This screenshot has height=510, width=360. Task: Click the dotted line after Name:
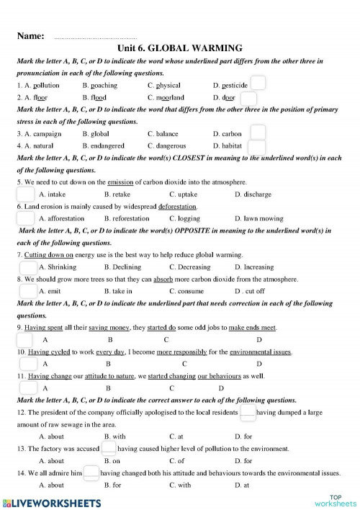[x=95, y=36]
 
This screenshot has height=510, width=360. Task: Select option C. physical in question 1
[x=163, y=85]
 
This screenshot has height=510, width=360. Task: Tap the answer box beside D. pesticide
[x=258, y=84]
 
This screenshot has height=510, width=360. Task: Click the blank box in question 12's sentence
[x=248, y=412]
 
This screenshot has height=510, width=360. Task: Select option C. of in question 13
[x=176, y=461]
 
